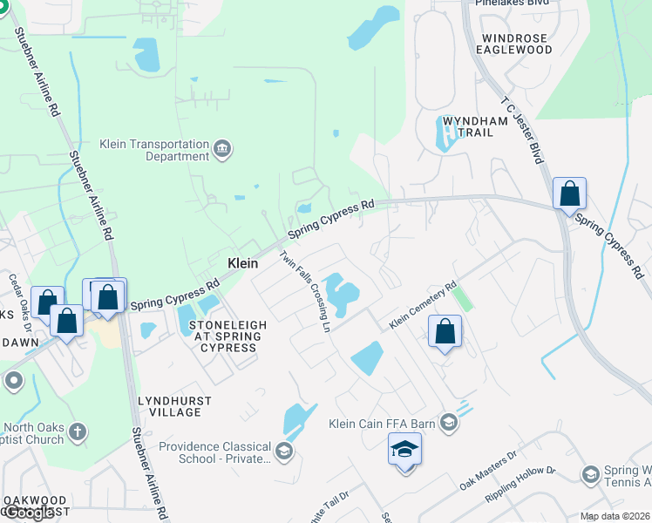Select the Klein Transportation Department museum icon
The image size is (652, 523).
pyautogui.click(x=222, y=150)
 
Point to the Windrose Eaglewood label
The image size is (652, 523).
pyautogui.click(x=514, y=44)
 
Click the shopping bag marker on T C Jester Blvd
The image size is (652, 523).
pyautogui.click(x=569, y=194)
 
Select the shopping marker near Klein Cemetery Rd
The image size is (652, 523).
pyautogui.click(x=445, y=331)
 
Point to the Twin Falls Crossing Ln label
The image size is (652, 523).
pyautogui.click(x=305, y=291)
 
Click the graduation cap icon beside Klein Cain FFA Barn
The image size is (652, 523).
pyautogui.click(x=448, y=423)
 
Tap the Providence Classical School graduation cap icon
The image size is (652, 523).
pyautogui.click(x=283, y=452)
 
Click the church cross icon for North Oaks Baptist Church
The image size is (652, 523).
pyautogui.click(x=78, y=431)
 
